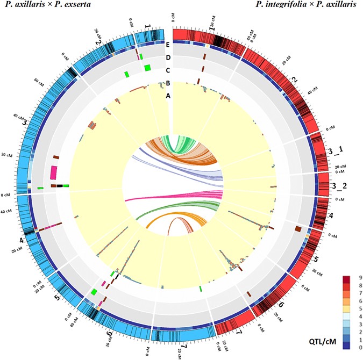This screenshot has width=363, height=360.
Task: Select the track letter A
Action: pyautogui.click(x=168, y=95)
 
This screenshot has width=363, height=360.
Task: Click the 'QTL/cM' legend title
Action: pyautogui.click(x=331, y=342)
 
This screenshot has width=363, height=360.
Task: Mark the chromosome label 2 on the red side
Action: pyautogui.click(x=293, y=78)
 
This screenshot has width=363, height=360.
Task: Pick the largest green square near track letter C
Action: pyautogui.click(x=147, y=67)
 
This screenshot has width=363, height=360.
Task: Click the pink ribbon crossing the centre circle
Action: pyautogui.click(x=172, y=196)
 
